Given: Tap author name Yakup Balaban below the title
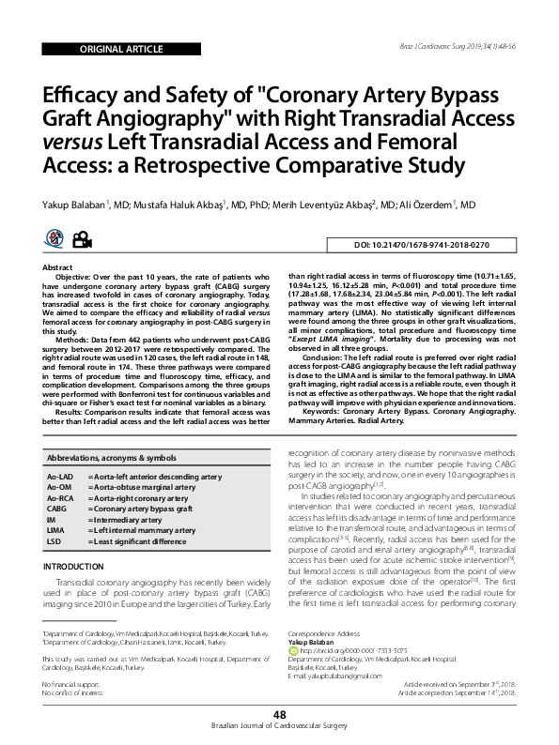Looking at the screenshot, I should click(83, 205).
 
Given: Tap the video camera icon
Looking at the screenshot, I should click(83, 240).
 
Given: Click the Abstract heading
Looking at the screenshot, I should click(59, 267).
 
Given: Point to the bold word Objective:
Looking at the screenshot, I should click(78, 279).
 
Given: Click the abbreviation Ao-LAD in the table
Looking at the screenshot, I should click(61, 477).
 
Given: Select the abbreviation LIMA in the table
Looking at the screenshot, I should click(55, 530).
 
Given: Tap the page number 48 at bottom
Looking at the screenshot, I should click(279, 715).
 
